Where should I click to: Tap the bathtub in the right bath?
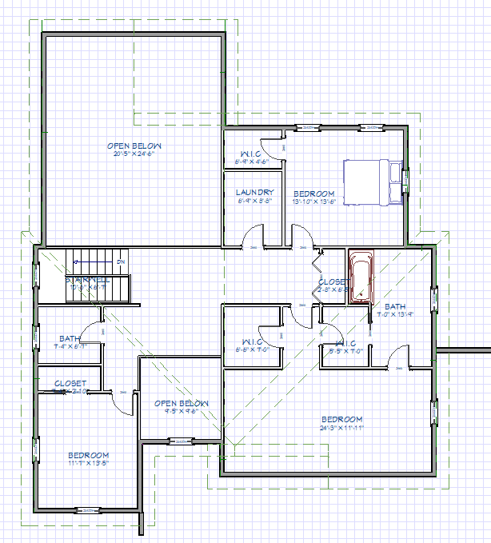tap(361, 277)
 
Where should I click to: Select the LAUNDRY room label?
tap(255, 193)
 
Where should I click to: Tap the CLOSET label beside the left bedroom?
tap(70, 384)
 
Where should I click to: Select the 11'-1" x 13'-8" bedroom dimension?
tap(87, 462)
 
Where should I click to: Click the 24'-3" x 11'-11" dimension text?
tap(341, 427)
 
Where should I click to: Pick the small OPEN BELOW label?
tap(182, 403)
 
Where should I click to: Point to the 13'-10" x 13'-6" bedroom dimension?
tap(313, 202)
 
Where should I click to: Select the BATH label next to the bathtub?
tap(396, 306)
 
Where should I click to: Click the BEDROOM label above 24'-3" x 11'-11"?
tap(341, 419)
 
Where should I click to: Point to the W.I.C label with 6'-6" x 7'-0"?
tap(250, 342)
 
